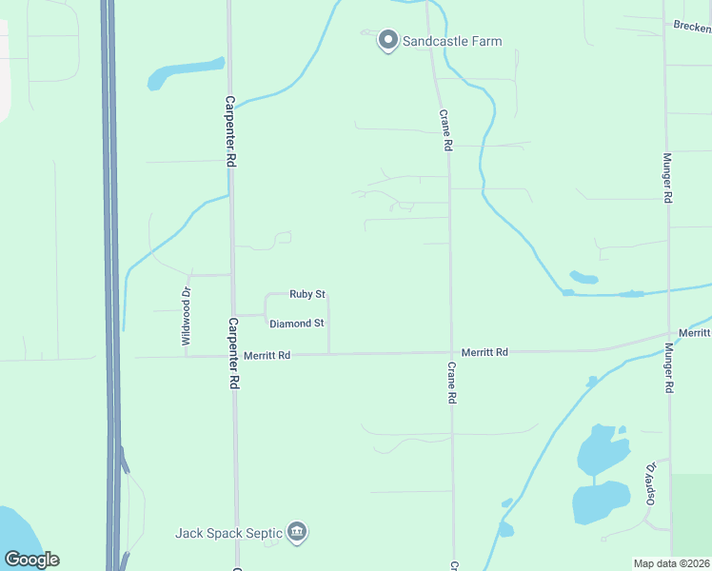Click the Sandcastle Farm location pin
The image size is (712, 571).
(x=387, y=41)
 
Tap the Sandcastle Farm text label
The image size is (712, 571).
(x=452, y=41)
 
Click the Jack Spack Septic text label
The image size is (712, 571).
(x=228, y=533)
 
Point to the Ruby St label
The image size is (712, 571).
(x=308, y=294)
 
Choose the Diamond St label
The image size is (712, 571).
(x=297, y=324)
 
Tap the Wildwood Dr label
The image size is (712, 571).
(x=187, y=315)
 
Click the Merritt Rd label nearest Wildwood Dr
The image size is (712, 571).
(x=267, y=354)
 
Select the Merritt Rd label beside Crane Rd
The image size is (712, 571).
(x=485, y=352)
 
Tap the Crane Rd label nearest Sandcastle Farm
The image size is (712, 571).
(x=445, y=130)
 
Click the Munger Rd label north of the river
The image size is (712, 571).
(x=668, y=178)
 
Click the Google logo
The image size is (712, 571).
(x=31, y=560)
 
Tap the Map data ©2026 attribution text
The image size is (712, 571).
(x=672, y=563)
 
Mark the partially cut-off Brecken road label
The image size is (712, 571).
(x=692, y=26)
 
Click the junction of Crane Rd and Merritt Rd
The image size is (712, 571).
(x=451, y=352)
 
